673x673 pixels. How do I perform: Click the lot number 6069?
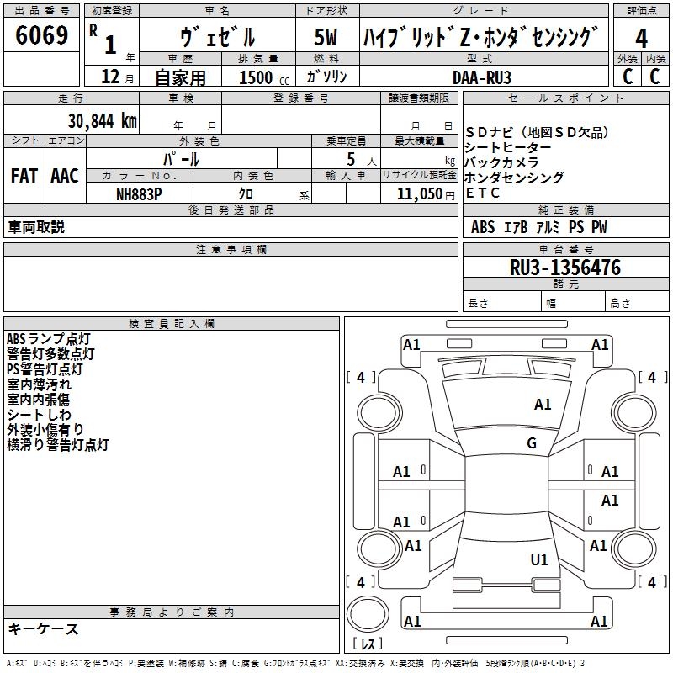(x=41, y=35)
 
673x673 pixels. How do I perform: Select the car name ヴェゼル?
(x=217, y=37)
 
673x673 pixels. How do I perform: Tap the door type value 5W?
(x=326, y=37)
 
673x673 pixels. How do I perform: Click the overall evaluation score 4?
(x=641, y=38)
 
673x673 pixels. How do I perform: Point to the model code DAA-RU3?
(x=481, y=77)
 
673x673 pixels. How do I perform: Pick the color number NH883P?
(x=139, y=193)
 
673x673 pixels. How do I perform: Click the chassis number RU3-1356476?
(x=565, y=268)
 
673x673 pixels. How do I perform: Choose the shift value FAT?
(x=24, y=176)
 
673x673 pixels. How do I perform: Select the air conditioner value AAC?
(x=64, y=176)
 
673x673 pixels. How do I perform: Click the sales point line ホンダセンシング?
(x=514, y=178)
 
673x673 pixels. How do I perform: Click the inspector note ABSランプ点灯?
(x=49, y=339)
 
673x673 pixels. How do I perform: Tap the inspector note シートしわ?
(x=39, y=415)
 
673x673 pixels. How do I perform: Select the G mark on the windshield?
(x=531, y=443)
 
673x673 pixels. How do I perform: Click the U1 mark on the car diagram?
(x=538, y=559)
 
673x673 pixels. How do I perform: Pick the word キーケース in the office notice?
(x=44, y=629)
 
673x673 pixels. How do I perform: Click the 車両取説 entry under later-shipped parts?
(x=36, y=227)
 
